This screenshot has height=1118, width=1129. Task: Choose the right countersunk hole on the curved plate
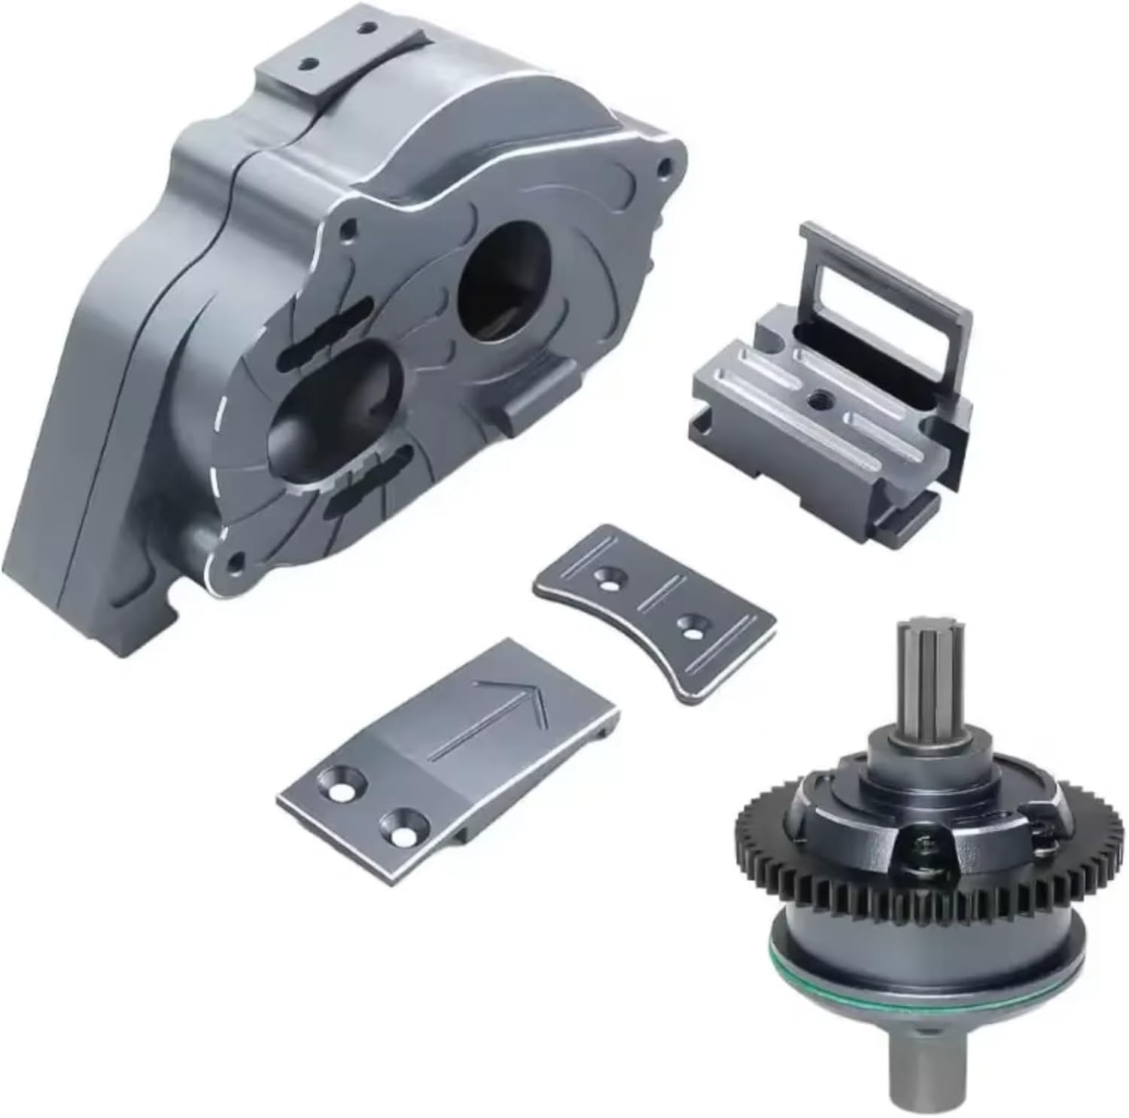click(x=687, y=624)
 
